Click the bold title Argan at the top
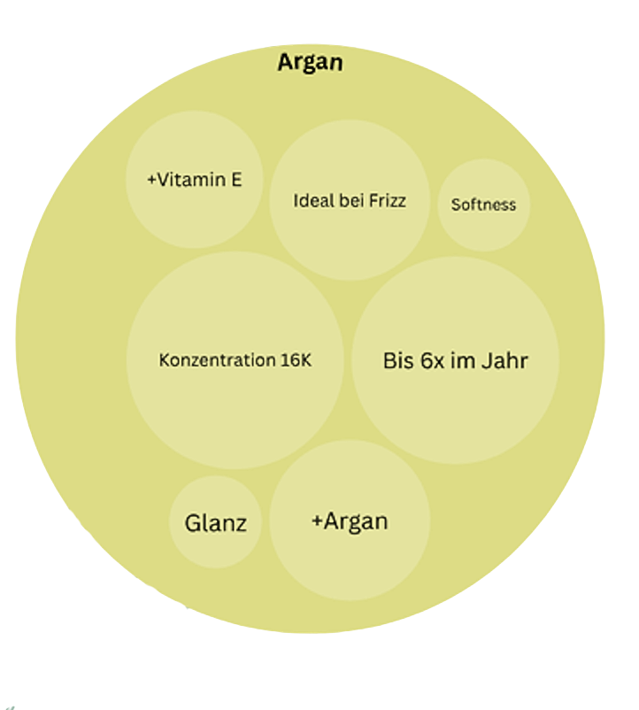(x=310, y=63)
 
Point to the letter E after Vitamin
(x=236, y=180)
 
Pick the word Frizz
(x=386, y=201)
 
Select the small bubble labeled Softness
(x=483, y=205)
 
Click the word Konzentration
(x=217, y=361)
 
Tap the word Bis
(x=398, y=361)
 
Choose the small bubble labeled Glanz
(x=215, y=522)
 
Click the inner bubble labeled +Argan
(x=350, y=521)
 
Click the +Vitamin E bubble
(x=194, y=212)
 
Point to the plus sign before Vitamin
(x=152, y=180)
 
